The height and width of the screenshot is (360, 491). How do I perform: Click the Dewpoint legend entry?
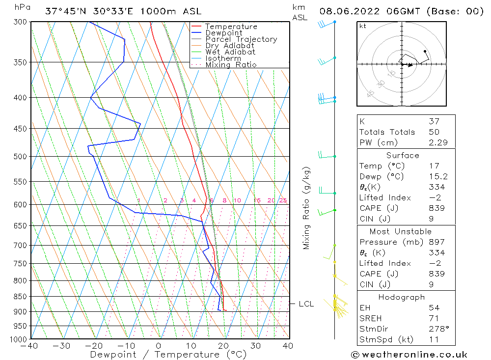[x=223, y=33]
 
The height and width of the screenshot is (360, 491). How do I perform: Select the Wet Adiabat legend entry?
[x=230, y=52]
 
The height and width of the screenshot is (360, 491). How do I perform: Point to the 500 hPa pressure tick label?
[x=20, y=157]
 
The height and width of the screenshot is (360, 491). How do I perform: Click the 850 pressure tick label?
[x=20, y=297]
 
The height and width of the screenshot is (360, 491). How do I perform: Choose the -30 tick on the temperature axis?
[x=61, y=346]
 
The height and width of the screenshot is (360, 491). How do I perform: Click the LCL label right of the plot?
[x=306, y=304]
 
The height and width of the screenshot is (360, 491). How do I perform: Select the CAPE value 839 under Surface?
[x=436, y=208]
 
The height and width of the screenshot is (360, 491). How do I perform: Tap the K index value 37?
[x=434, y=121]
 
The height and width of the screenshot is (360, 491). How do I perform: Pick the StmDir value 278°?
[x=436, y=329]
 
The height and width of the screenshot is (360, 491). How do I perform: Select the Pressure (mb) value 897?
[x=436, y=242]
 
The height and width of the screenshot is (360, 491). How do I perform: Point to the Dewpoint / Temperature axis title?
[x=168, y=354]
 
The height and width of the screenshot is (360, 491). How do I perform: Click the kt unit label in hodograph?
[x=363, y=26]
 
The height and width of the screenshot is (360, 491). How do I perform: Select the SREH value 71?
[x=434, y=318]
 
